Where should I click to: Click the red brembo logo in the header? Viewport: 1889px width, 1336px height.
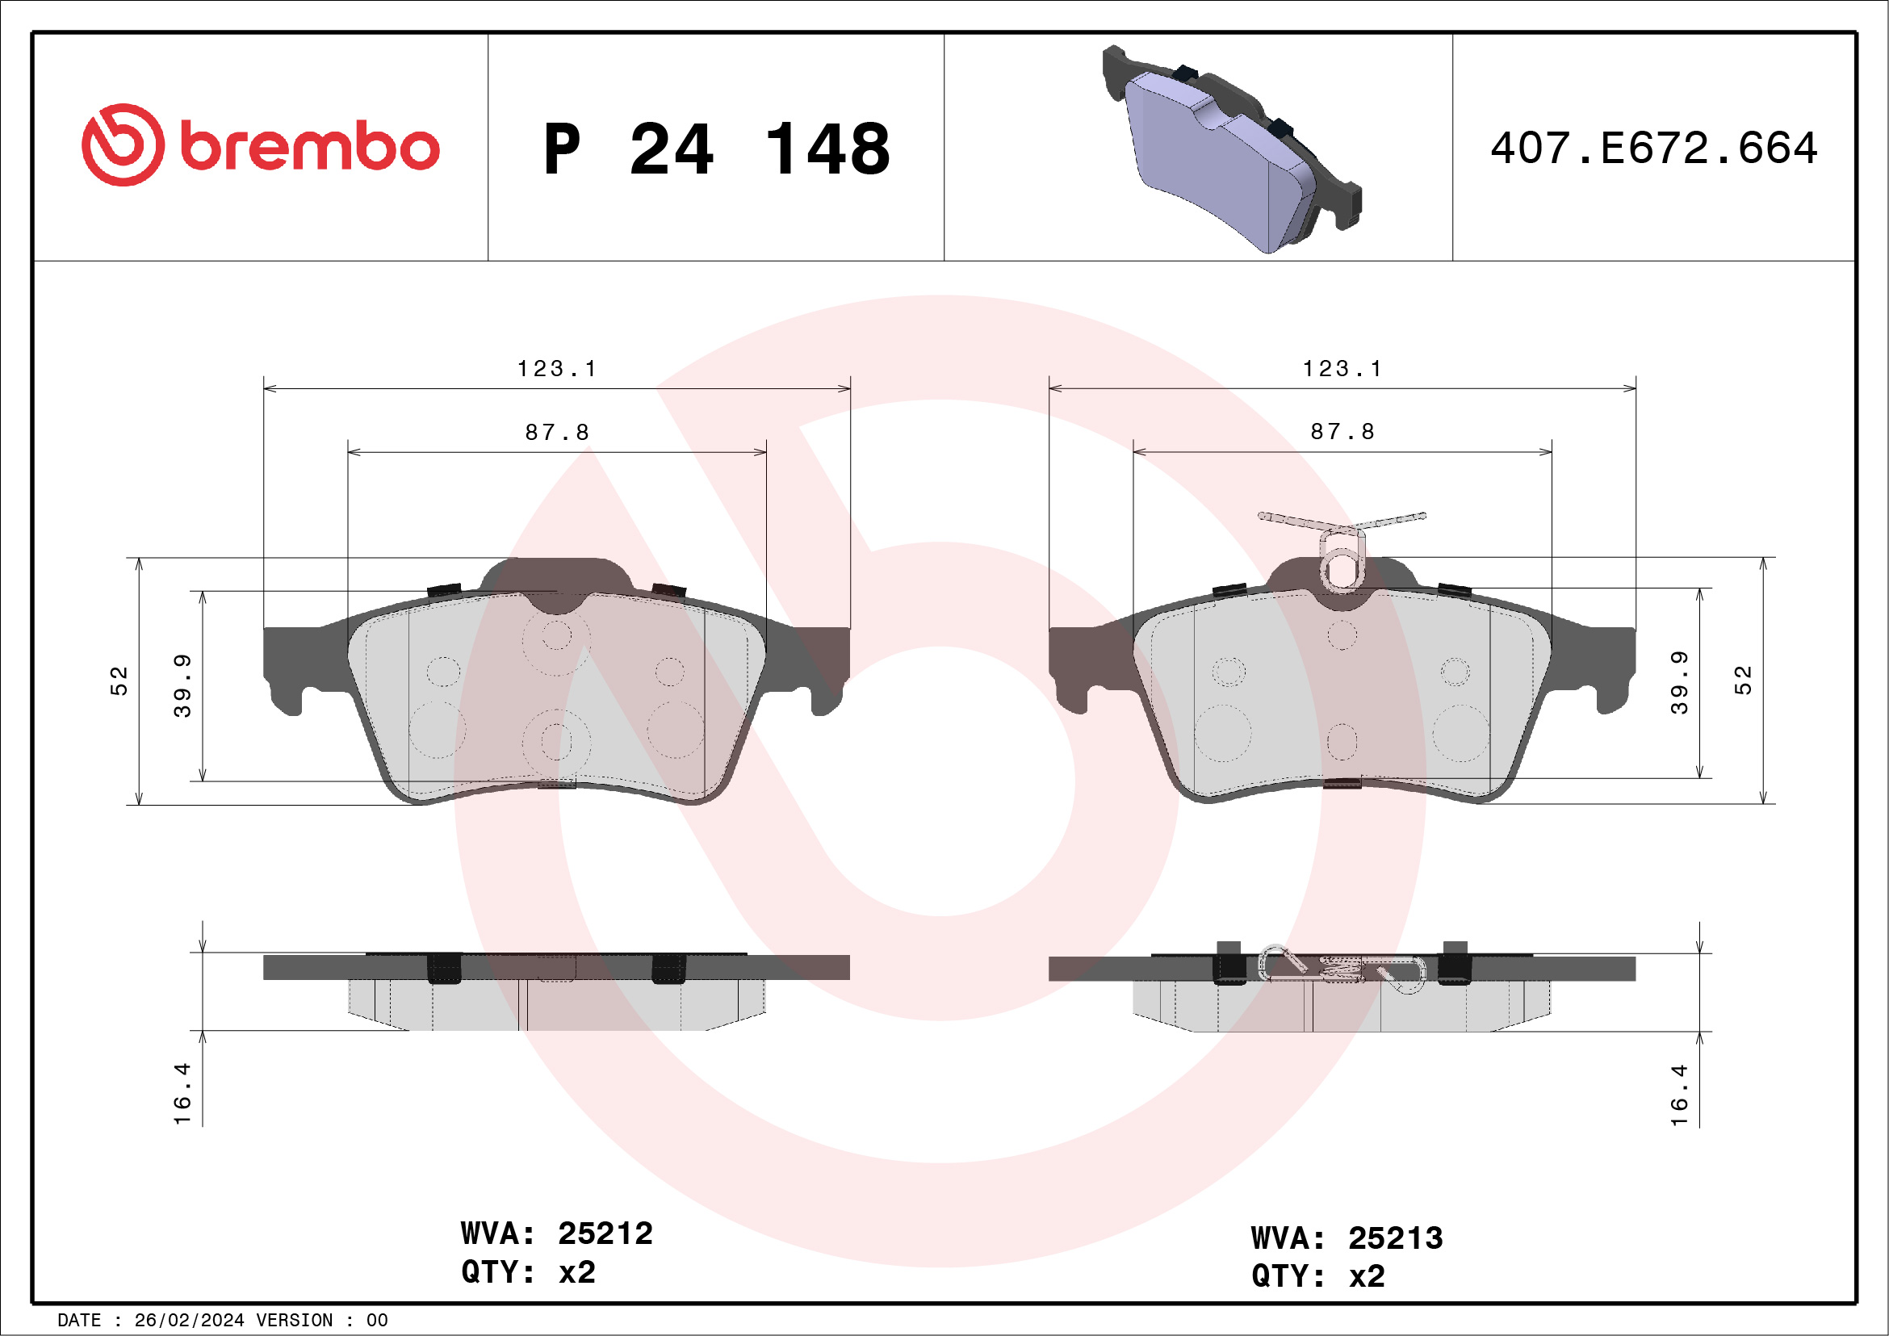pos(260,145)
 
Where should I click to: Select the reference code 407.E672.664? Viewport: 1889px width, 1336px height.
pos(1654,149)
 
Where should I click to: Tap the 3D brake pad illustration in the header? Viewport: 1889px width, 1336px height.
pos(1232,149)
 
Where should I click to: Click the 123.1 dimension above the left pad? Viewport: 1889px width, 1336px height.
pos(557,369)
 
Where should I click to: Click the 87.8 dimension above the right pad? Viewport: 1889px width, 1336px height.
pos(1342,432)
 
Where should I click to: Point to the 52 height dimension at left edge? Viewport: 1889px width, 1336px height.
pos(119,681)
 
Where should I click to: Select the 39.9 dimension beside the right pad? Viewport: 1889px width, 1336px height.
pos(1679,683)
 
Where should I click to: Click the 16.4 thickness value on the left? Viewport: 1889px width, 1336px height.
pos(182,1094)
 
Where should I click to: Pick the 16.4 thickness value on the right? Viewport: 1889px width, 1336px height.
pos(1679,1095)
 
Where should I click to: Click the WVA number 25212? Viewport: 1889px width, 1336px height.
pos(605,1234)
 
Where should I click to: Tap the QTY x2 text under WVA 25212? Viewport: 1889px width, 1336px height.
pos(528,1273)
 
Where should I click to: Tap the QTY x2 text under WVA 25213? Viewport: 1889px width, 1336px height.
pos(1318,1277)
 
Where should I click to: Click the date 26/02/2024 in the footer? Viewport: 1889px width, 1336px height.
pos(189,1321)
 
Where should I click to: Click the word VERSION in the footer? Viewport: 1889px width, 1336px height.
pos(295,1321)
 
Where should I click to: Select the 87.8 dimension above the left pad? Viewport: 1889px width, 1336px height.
pos(557,432)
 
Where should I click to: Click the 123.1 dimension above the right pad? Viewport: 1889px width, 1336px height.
pos(1342,369)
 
